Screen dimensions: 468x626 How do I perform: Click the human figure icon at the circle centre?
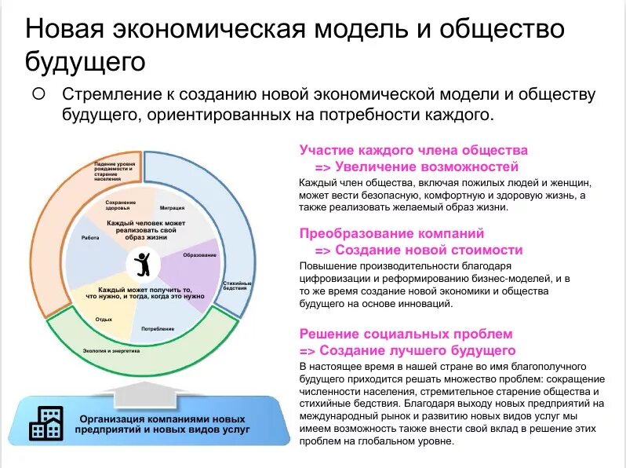[143, 265]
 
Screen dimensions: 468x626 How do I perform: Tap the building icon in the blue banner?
[46, 423]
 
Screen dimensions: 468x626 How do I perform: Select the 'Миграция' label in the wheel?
[172, 208]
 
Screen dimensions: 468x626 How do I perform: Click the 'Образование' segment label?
[200, 255]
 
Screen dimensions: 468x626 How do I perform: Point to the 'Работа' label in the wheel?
[89, 237]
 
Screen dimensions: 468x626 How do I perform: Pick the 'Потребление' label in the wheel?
[158, 327]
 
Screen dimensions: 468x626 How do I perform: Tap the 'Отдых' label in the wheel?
[104, 319]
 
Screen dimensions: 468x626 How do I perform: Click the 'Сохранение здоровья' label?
[120, 205]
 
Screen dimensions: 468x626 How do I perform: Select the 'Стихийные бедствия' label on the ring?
[237, 285]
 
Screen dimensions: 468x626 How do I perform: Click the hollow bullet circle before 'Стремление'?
[38, 93]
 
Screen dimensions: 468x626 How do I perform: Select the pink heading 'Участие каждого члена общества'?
[413, 150]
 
